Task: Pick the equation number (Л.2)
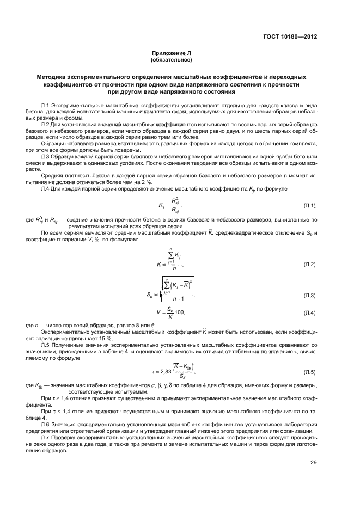(310, 264)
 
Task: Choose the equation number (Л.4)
(310, 313)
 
